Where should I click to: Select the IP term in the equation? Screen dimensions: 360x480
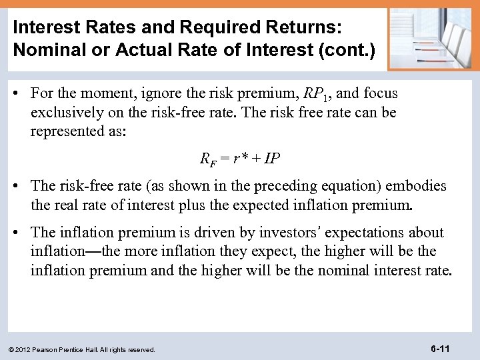coord(272,159)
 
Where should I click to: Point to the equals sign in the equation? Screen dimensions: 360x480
coord(225,159)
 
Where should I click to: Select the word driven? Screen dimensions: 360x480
coord(204,232)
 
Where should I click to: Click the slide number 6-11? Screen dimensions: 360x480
coord(441,348)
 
